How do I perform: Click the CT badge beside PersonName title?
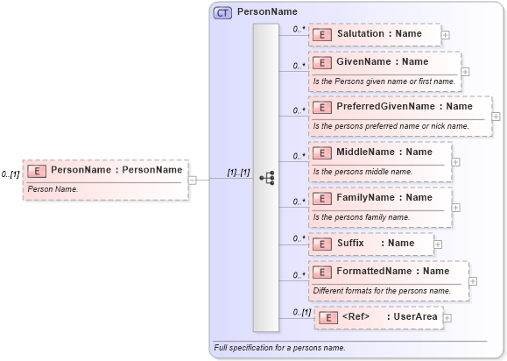222,13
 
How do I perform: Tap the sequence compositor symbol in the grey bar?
266,179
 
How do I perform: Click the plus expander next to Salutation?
445,35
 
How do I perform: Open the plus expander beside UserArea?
447,317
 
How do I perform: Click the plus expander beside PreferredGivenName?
496,116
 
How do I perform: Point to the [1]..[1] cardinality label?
238,173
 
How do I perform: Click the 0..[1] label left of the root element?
11,174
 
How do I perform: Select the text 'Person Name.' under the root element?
53,188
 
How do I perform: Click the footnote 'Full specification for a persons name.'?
278,349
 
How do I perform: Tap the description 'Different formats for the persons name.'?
382,290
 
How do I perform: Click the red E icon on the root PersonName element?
37,170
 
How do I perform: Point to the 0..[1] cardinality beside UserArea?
301,312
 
